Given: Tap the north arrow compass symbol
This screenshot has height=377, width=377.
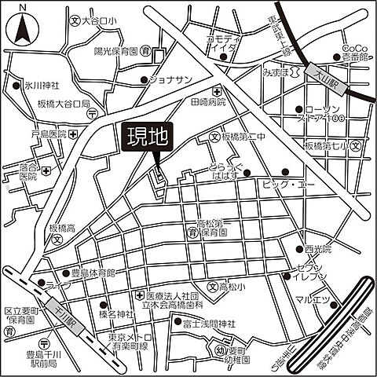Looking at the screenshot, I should coord(20,29).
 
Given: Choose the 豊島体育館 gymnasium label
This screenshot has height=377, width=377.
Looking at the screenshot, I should coord(91,273).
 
